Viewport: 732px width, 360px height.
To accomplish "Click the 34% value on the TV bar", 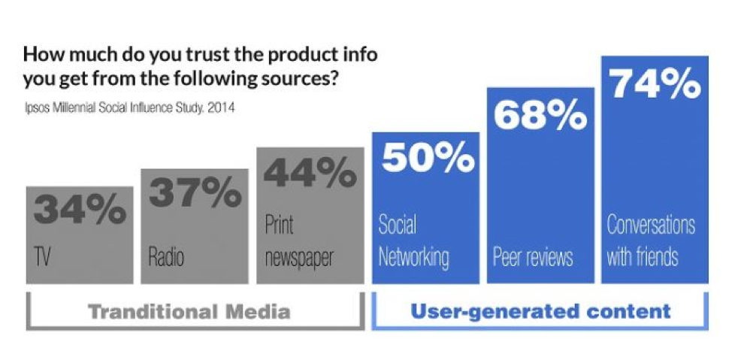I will pos(79,210).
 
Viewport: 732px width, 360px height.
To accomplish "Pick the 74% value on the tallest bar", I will pos(654,84).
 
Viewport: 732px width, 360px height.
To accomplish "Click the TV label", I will pos(44,258).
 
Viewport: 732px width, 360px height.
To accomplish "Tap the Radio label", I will pos(166,258).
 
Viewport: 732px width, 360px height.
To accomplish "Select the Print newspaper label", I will pos(298,241).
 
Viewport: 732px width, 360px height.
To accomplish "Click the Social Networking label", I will pos(413,241).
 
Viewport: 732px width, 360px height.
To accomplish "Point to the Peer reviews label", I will pos(533,258).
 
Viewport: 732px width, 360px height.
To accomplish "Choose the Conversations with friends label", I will pos(651,241).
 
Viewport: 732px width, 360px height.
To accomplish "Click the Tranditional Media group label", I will pos(189,310).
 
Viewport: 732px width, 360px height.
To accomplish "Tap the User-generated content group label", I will pos(540,310).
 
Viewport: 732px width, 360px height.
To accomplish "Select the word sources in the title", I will pos(289,78).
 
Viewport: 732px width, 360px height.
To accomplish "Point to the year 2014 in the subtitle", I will pos(220,108).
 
